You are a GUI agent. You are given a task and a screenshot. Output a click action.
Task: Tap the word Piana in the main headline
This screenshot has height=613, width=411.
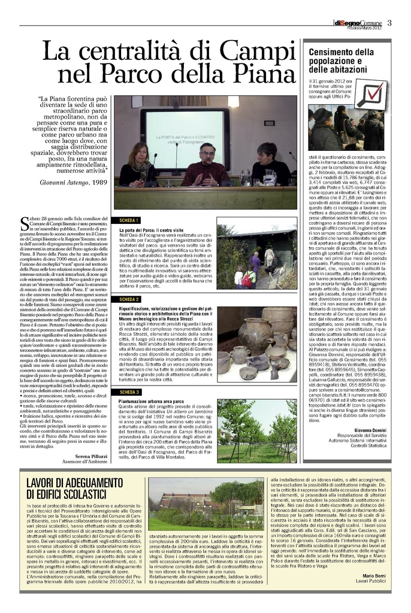pos(259,74)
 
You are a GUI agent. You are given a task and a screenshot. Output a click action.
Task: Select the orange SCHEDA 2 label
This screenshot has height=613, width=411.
pos(129,299)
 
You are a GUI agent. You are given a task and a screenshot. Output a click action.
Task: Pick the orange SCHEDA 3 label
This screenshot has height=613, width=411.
pos(129,392)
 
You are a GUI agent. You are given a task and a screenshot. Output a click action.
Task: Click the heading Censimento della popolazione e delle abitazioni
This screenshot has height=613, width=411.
pos(341,62)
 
